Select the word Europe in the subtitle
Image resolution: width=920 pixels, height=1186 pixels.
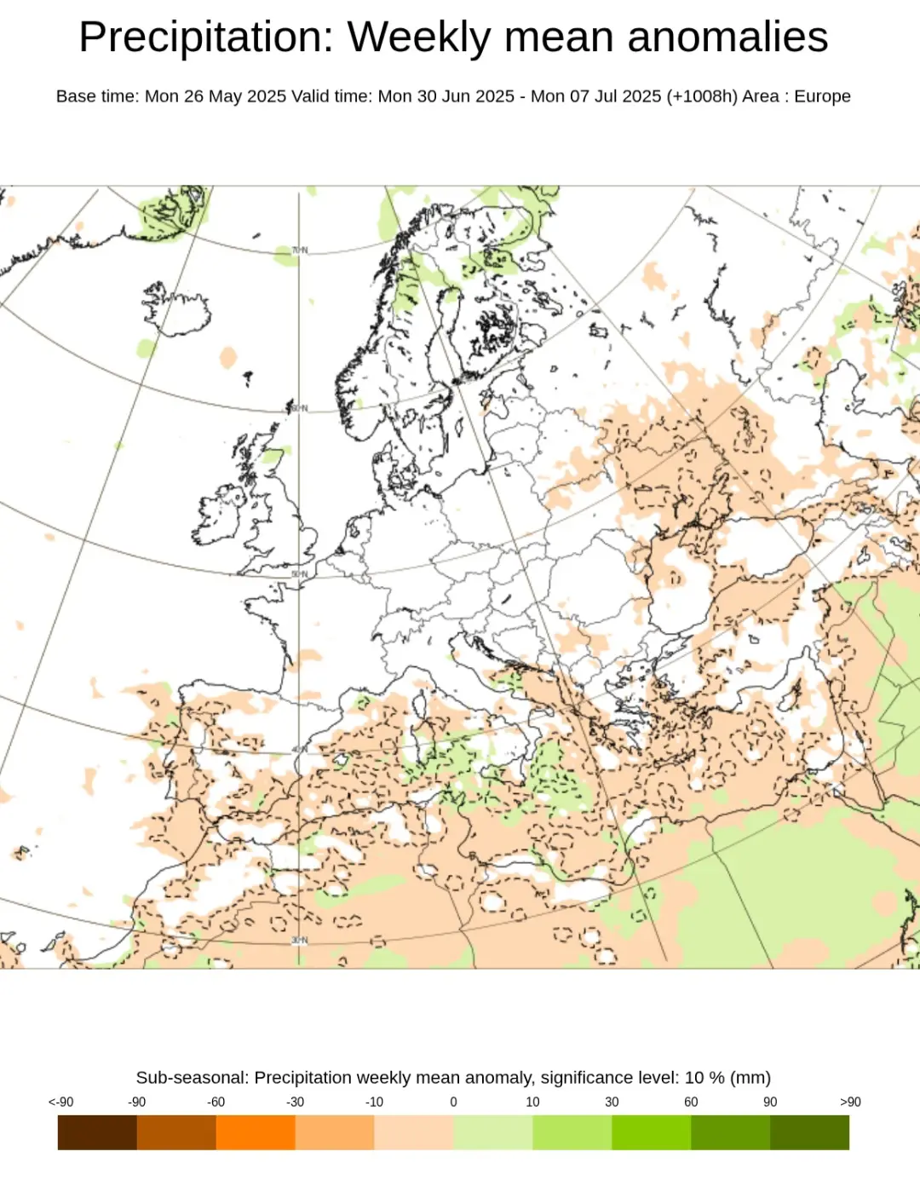coord(822,96)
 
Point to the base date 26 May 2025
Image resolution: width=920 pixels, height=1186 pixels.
coord(235,96)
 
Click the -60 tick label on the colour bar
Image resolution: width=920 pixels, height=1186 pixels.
coord(216,1102)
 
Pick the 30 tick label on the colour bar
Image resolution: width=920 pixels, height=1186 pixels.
coord(612,1102)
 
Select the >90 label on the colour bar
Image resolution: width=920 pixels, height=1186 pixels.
coord(849,1102)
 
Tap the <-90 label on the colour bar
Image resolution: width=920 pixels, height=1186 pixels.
coord(60,1102)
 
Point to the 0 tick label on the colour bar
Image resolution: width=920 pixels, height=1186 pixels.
coord(453,1102)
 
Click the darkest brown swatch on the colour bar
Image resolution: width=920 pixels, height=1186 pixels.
coord(97,1132)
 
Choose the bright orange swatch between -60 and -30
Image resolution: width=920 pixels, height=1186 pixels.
coord(256,1132)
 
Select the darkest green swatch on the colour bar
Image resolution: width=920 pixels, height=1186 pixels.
coord(809,1132)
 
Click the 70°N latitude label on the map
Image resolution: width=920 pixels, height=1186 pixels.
coord(299,250)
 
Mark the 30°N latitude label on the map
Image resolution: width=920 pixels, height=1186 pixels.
coord(299,940)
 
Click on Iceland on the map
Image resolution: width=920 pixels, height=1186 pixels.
coord(175,312)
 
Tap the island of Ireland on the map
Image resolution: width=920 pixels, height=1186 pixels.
coord(220,515)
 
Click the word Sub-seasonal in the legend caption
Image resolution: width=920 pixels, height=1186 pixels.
coord(192,1078)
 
